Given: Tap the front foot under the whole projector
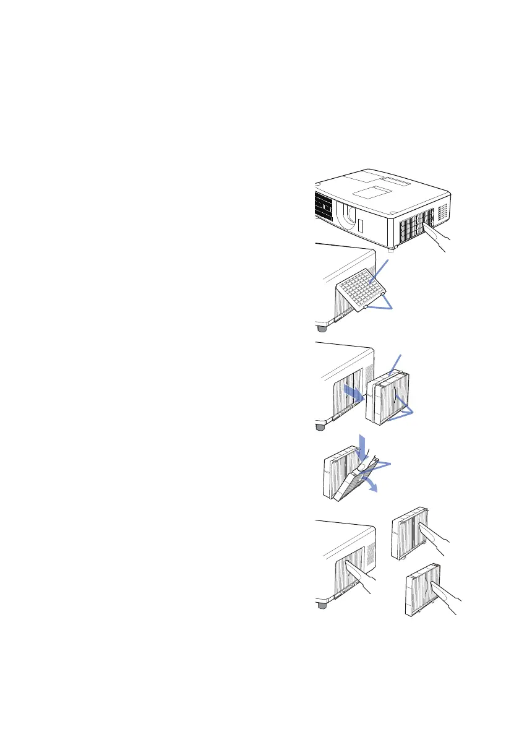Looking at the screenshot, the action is [x=390, y=250].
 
